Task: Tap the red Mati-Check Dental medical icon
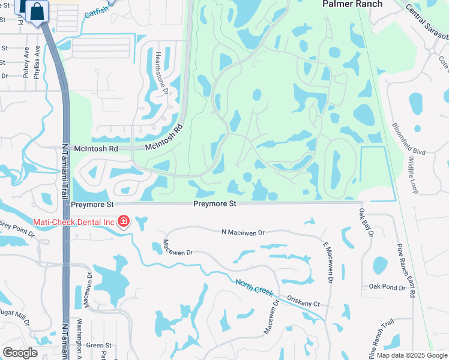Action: click(x=124, y=221)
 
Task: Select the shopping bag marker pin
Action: click(x=37, y=11)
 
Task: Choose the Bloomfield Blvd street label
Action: click(x=409, y=139)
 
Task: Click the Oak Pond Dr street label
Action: click(x=387, y=287)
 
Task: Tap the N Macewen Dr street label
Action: click(x=243, y=232)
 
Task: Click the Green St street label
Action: click(x=99, y=345)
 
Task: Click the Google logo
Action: click(x=20, y=353)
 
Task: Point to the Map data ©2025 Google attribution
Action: click(x=412, y=355)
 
